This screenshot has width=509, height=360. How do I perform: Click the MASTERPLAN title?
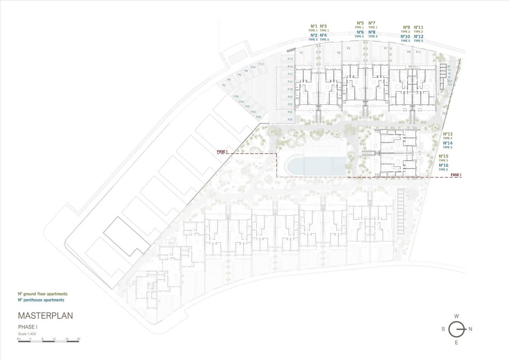[45, 316]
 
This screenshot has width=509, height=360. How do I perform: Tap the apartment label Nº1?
[314, 26]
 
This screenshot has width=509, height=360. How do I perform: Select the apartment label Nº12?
[418, 37]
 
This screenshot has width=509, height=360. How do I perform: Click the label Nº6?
[360, 32]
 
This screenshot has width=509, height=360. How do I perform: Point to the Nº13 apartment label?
[448, 134]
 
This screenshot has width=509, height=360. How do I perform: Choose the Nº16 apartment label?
[443, 165]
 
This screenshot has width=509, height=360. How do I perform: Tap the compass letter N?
[471, 329]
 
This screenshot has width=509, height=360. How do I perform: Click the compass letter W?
[456, 316]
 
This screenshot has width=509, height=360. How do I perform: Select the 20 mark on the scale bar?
[79, 339]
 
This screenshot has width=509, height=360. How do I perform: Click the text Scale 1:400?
[27, 334]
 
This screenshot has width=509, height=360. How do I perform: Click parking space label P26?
[290, 120]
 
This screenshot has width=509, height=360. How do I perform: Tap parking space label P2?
[224, 85]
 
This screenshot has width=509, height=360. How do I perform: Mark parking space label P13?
[290, 59]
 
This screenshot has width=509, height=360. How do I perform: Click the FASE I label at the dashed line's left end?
[222, 152]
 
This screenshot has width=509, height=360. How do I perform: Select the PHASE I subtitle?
[28, 327]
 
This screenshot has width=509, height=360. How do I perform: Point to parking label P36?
[236, 96]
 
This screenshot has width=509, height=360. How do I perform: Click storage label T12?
[450, 85]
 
